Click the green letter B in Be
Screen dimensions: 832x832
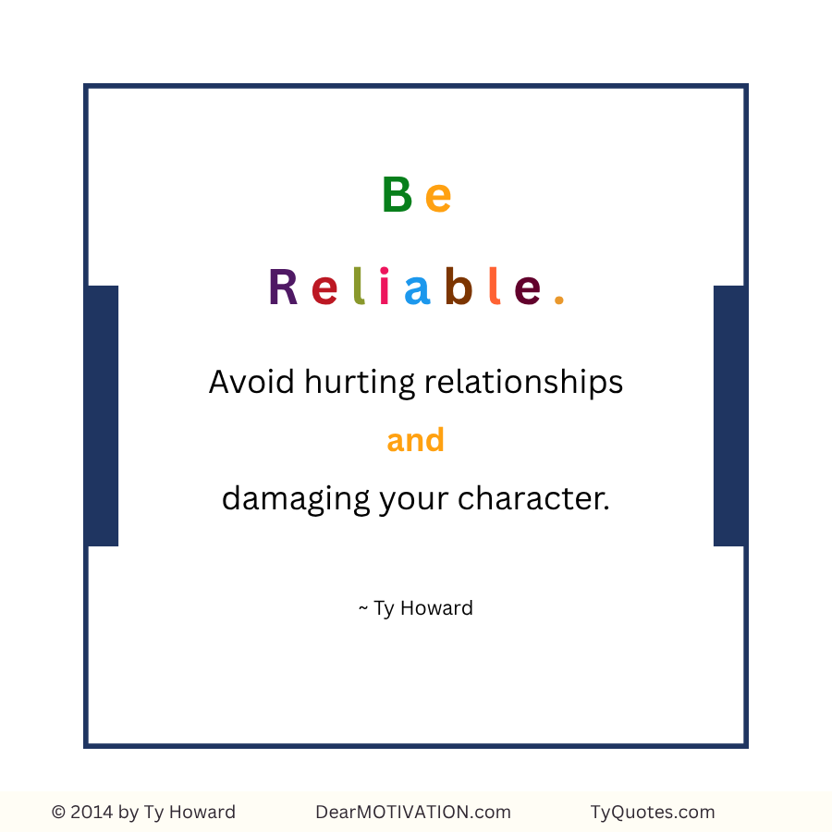point(396,194)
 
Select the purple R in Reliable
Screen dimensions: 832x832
point(283,288)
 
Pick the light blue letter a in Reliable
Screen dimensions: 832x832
point(417,290)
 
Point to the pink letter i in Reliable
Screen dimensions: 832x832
point(385,288)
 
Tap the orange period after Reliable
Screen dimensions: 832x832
point(558,300)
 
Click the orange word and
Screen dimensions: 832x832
point(416,440)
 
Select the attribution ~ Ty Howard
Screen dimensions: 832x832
point(416,608)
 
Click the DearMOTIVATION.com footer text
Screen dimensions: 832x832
point(413,812)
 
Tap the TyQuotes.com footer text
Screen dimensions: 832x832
point(653,813)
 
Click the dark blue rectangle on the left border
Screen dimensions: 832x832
point(102,416)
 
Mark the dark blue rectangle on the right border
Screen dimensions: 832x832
point(729,416)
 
